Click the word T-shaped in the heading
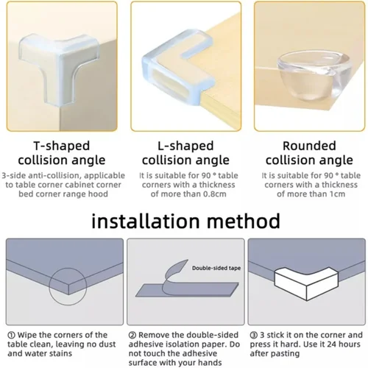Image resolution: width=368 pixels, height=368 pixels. click(x=62, y=145)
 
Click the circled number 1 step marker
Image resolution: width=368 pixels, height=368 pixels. click(x=12, y=335)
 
